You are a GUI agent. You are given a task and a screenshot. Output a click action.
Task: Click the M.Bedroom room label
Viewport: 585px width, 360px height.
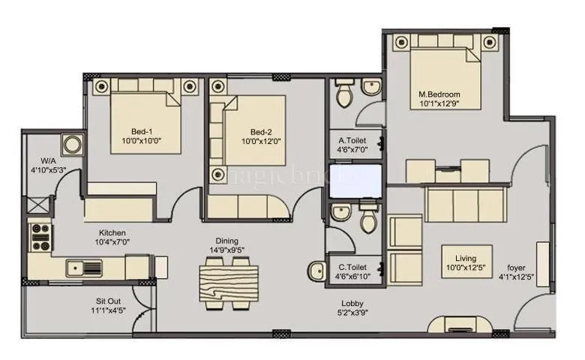[x=439, y=94]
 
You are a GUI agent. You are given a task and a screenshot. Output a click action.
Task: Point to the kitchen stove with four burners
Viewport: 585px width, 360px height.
[x=39, y=237]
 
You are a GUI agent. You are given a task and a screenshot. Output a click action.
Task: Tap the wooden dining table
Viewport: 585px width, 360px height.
[x=228, y=283]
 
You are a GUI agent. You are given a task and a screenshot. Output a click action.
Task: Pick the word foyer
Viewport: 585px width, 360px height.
[x=516, y=265]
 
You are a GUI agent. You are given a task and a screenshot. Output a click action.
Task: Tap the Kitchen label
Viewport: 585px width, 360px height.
[x=112, y=232]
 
